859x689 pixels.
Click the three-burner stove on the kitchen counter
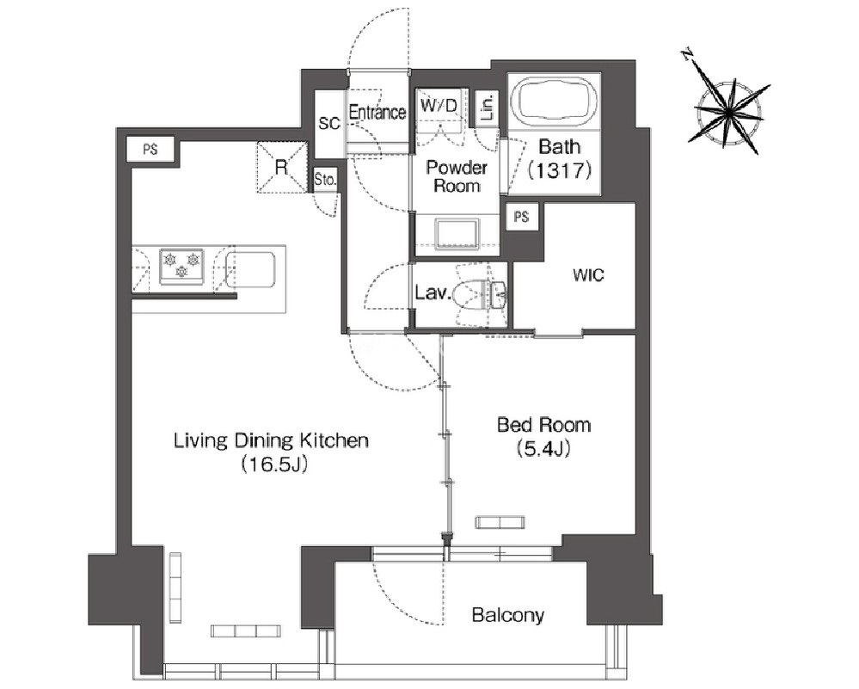click(181, 267)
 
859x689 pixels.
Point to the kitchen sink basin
click(250, 269)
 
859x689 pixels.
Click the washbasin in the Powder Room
click(457, 233)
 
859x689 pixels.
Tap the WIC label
click(588, 274)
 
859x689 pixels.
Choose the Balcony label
click(508, 615)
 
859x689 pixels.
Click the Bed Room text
click(543, 425)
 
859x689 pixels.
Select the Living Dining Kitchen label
click(271, 440)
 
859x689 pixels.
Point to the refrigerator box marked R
click(281, 167)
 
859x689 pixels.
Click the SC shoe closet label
click(329, 124)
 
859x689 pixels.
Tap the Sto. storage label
click(325, 180)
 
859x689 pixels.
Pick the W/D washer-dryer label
click(439, 105)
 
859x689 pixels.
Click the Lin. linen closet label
click(488, 107)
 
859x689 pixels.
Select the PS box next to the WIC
click(522, 217)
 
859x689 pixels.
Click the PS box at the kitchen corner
click(150, 149)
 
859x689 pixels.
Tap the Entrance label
click(377, 113)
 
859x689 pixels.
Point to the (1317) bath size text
click(559, 171)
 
